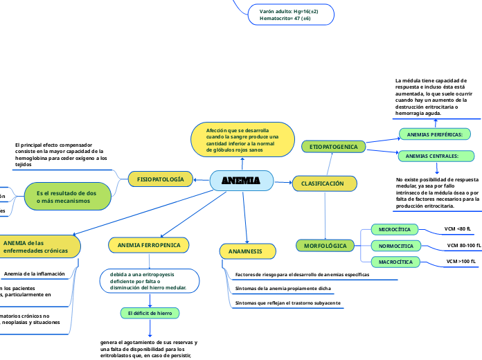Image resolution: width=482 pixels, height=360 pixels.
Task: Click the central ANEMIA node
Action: pyautogui.click(x=241, y=181)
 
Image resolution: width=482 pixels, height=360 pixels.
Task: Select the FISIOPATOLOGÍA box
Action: pyautogui.click(x=160, y=179)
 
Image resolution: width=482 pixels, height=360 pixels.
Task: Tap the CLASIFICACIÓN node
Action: pyautogui.click(x=323, y=183)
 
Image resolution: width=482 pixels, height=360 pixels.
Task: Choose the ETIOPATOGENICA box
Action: pyautogui.click(x=333, y=147)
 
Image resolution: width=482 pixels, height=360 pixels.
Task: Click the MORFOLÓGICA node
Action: pyautogui.click(x=325, y=246)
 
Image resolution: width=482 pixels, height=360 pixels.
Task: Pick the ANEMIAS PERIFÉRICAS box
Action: pyautogui.click(x=434, y=134)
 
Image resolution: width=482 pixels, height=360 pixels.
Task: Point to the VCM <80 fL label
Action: pyautogui.click(x=457, y=228)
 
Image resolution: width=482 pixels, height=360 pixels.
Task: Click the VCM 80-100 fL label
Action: pyautogui.click(x=463, y=245)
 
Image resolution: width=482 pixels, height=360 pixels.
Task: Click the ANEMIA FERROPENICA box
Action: pyautogui.click(x=148, y=245)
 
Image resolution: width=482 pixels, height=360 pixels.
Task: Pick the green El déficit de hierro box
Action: pyautogui.click(x=150, y=314)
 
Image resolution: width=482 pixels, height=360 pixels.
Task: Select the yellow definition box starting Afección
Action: pyautogui.click(x=242, y=140)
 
